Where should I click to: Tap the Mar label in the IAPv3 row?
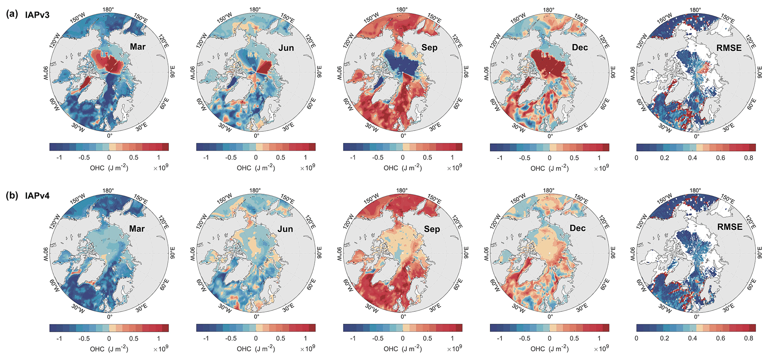pos(138,47)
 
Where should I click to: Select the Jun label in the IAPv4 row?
pos(285,229)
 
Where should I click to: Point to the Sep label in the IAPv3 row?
pos(429,48)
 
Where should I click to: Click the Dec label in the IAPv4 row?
pos(577,228)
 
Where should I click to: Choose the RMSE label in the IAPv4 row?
pos(729,226)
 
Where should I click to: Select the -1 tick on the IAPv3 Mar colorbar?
pos(59,158)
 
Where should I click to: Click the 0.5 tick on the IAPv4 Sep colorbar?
pos(427,338)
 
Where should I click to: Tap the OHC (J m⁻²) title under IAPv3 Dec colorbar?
pos(549,168)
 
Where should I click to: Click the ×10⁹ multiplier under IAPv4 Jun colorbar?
pos(308,348)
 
